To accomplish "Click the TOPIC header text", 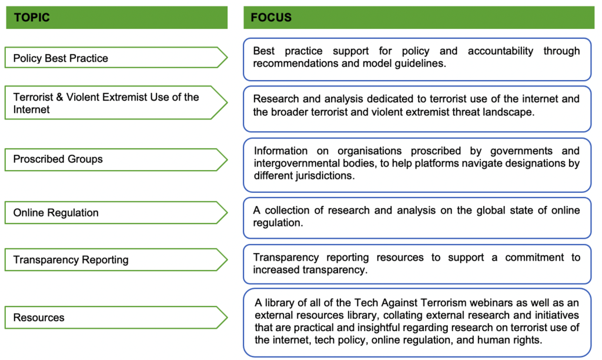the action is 32,17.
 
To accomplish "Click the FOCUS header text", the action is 271,17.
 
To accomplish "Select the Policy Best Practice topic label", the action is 61,58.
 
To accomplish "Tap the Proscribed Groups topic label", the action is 58,159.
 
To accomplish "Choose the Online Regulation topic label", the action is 56,212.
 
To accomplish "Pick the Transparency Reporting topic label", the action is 71,260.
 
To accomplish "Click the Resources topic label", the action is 39,318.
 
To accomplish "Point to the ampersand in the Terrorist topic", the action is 59,97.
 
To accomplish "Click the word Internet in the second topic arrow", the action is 32,109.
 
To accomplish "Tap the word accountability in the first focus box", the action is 501,51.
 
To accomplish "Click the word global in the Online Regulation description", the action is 490,210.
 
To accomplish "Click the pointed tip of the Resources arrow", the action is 228,318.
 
